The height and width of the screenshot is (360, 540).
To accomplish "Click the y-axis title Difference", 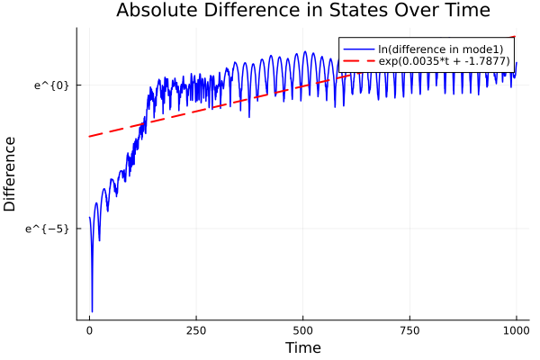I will (10, 174).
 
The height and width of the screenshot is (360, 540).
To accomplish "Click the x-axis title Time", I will (302, 347).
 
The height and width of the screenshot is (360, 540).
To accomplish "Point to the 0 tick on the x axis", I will (89, 329).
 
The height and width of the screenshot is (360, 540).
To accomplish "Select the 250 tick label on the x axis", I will (196, 329).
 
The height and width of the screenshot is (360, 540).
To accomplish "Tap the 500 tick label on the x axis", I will (303, 329).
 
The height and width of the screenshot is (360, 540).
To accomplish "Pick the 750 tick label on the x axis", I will (409, 329).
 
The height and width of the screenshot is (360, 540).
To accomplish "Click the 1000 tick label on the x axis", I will (517, 329).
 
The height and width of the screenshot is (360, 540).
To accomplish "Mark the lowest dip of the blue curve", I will (92, 310).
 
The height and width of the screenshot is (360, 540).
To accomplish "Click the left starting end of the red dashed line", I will (89, 137).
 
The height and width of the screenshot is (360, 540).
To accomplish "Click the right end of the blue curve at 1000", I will (517, 63).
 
